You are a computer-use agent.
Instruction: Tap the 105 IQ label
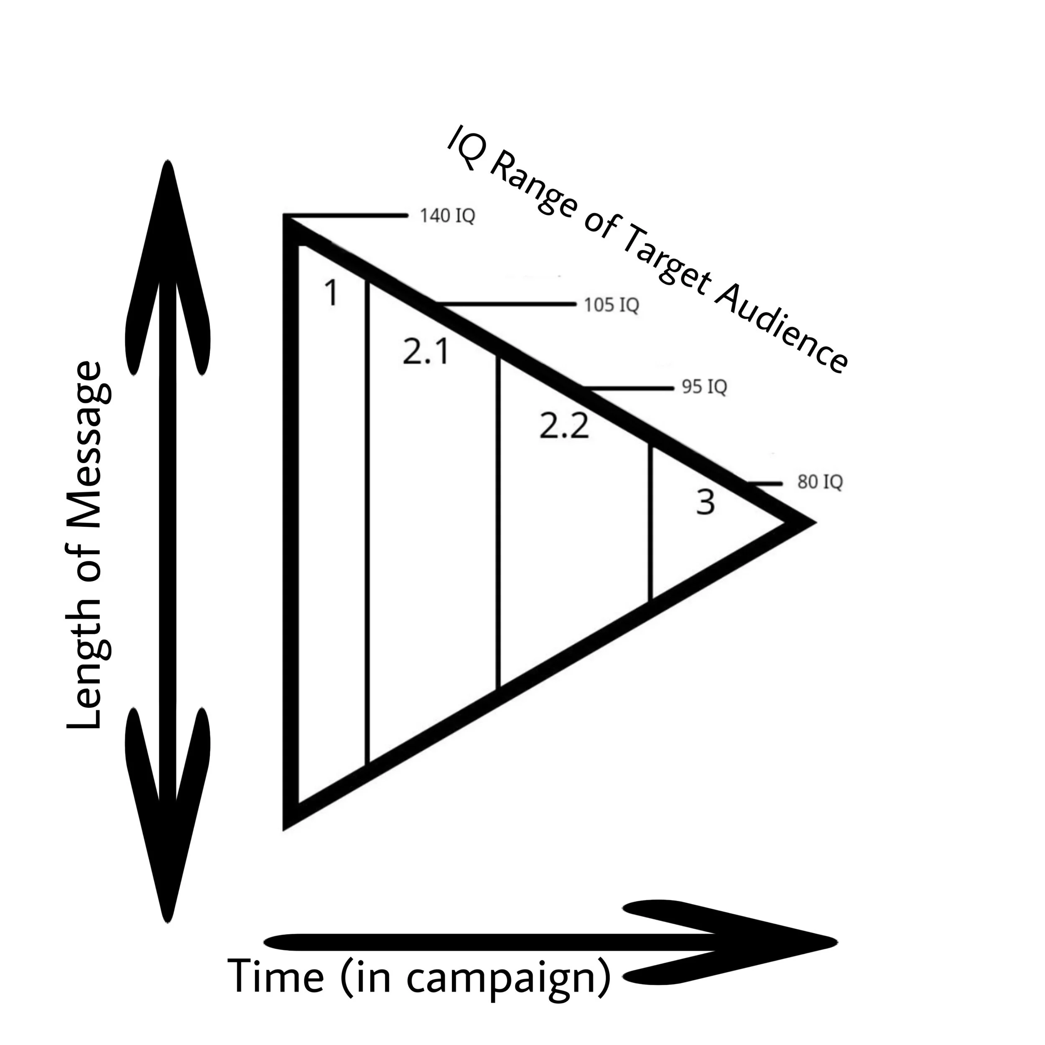pos(611,306)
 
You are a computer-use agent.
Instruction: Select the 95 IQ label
pos(704,387)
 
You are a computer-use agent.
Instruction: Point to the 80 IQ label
pos(819,482)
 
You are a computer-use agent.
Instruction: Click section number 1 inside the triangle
pos(331,294)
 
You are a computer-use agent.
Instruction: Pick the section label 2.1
pos(426,352)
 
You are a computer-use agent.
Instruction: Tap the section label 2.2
pos(563,425)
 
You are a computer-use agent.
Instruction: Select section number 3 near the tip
pos(705,502)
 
